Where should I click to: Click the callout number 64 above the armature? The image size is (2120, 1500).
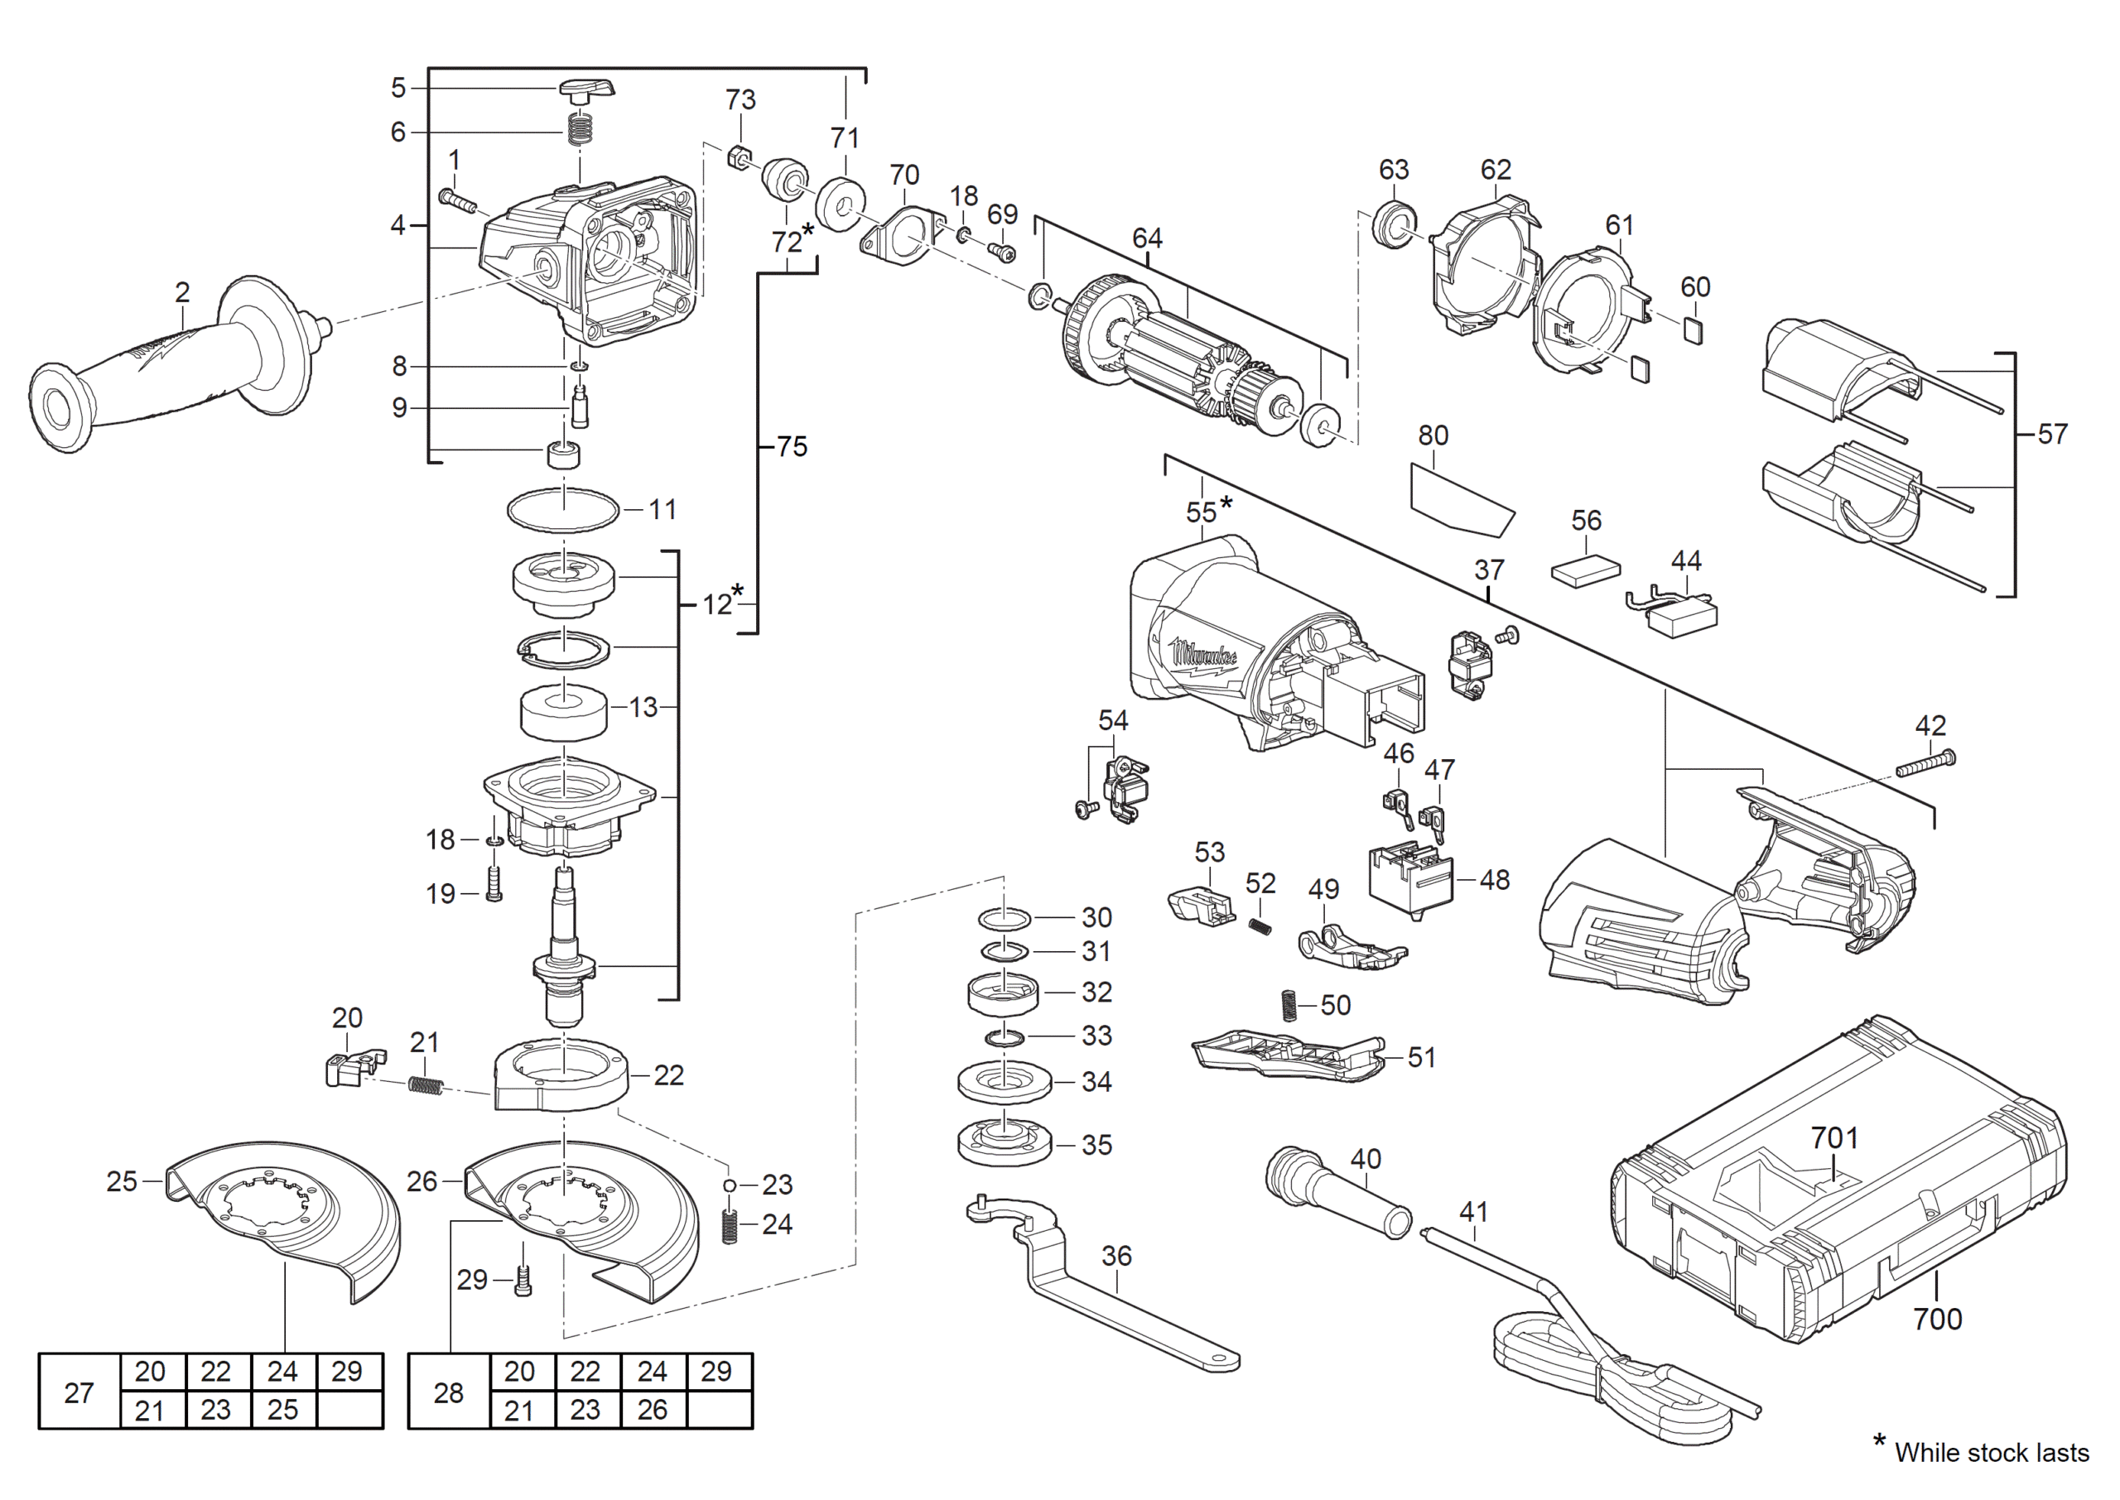1146,238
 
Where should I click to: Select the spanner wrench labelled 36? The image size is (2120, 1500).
1099,1283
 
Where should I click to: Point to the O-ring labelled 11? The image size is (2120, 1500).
563,510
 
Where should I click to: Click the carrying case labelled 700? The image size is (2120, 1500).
1838,1182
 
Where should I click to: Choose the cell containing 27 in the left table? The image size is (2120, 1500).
79,1392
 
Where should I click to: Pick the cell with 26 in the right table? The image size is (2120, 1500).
653,1411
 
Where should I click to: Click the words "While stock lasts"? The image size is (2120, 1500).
1992,1454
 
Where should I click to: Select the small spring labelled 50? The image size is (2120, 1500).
1289,1006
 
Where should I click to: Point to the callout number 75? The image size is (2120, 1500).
792,447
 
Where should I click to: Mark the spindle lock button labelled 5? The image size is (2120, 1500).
586,90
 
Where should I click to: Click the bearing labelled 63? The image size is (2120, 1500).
1395,224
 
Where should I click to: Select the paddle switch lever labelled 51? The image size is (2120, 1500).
1289,1054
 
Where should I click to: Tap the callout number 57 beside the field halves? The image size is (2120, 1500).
2053,434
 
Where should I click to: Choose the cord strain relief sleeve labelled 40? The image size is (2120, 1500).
1337,1191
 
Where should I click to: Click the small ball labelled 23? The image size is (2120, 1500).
730,1186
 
